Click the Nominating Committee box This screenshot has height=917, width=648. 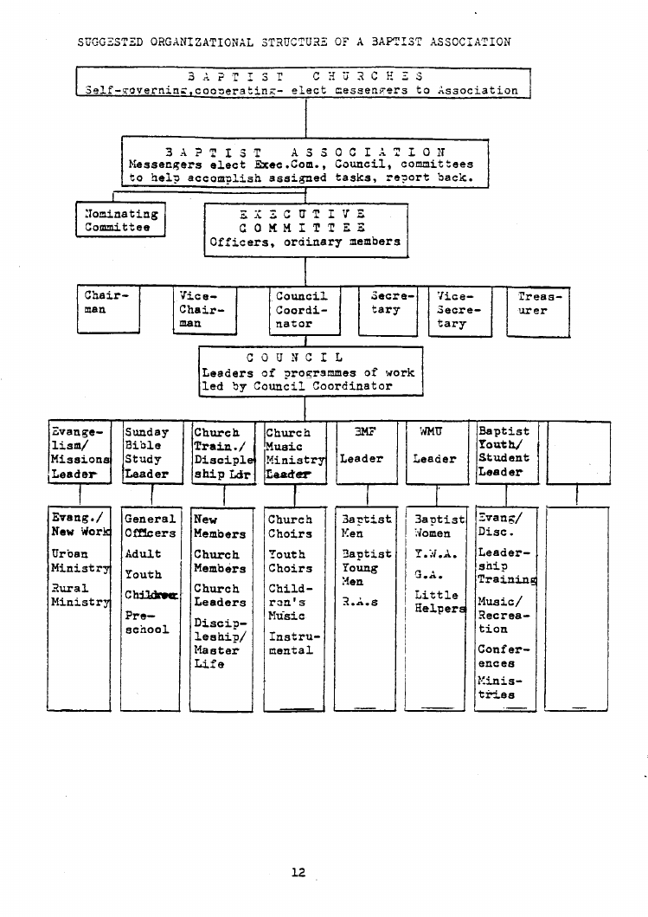pos(120,220)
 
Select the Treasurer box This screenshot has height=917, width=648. pos(539,309)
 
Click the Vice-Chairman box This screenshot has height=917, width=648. pos(204,309)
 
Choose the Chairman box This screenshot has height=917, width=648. pos(108,307)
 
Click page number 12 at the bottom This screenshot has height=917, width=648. pos(298,872)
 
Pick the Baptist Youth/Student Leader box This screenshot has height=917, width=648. pos(507,452)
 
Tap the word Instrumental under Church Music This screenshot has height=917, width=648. pos(291,643)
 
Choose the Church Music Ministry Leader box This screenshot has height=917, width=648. pos(294,452)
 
